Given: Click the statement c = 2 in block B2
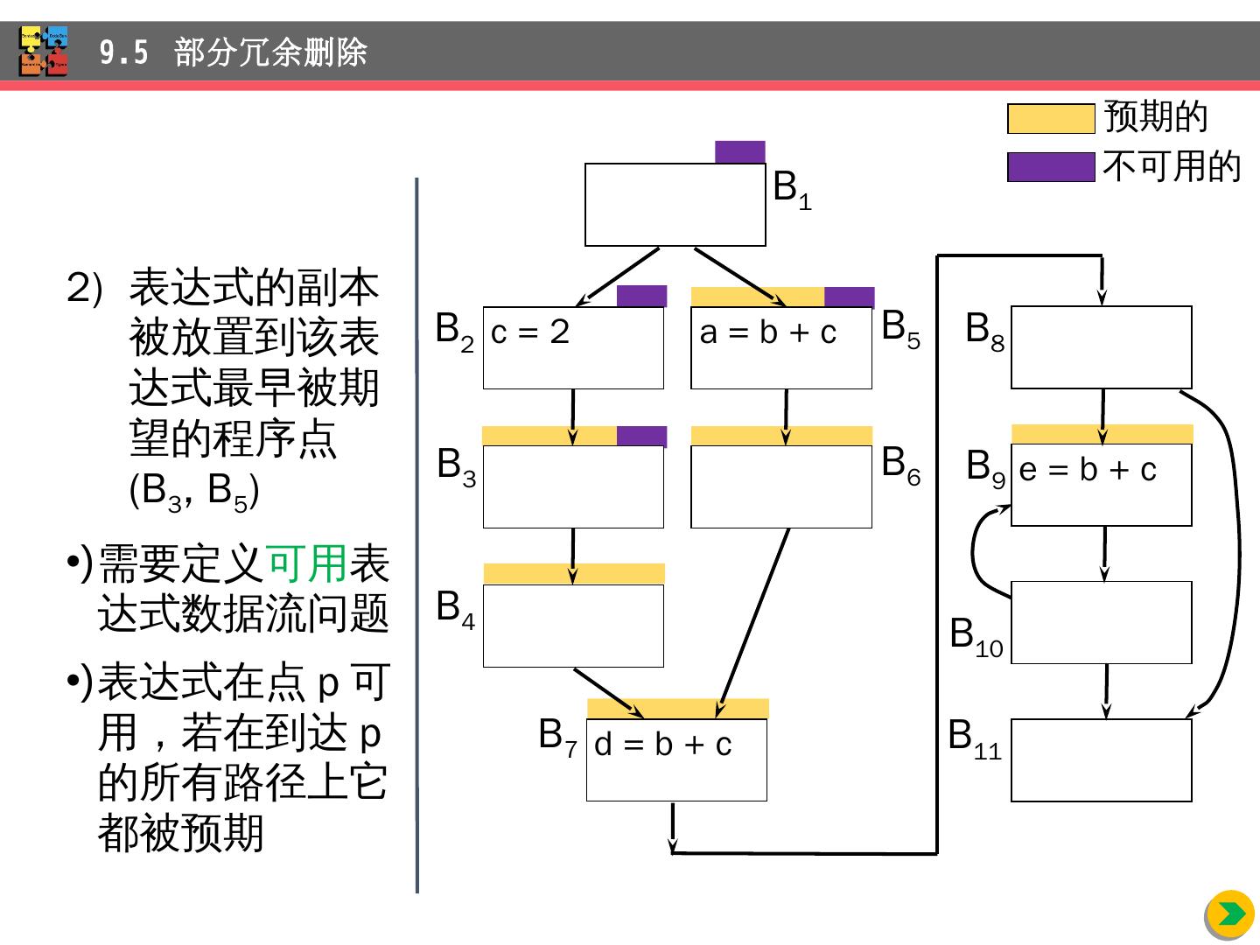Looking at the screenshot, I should point(530,332).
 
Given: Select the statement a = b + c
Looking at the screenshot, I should point(768,332).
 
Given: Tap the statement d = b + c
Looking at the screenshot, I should point(662,745).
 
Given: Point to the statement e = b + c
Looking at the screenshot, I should point(1088,471).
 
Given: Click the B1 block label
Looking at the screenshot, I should point(792,189).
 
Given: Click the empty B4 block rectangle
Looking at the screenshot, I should point(573,626).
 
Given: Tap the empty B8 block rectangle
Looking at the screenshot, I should point(1101,347).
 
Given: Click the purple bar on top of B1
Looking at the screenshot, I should point(739,152).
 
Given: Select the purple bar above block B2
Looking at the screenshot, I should point(641,296).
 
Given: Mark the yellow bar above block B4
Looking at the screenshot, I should point(573,574).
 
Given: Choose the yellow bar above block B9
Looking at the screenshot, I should point(1102,434).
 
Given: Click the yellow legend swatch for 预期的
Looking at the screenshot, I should point(1050,119).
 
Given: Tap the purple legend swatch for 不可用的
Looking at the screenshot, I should point(1050,166).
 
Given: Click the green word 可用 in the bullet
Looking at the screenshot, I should point(306,564).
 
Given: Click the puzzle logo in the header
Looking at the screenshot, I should point(44,52).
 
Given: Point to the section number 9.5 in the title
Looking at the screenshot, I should point(123,53).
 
